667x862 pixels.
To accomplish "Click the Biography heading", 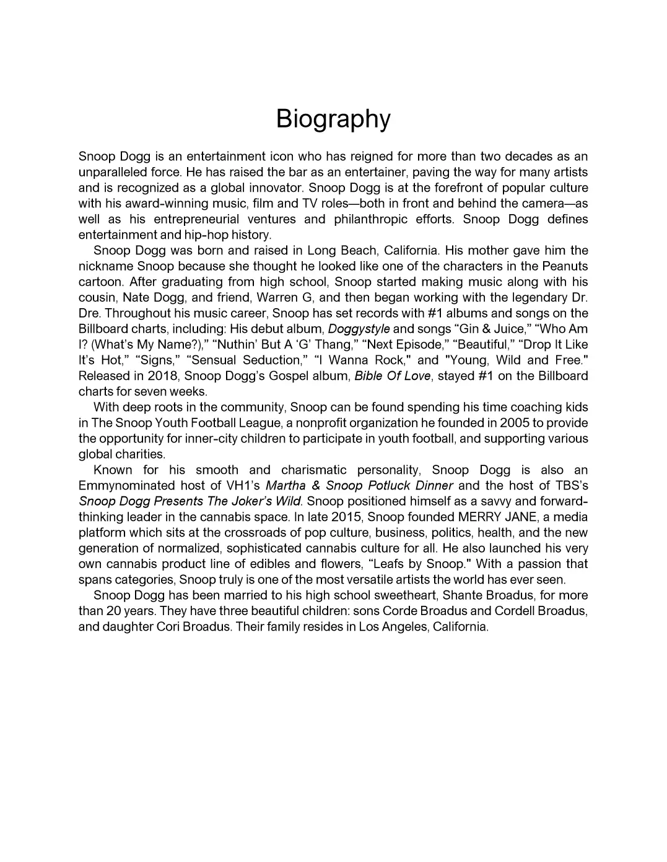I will point(333,119).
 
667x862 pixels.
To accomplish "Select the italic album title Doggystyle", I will point(359,329).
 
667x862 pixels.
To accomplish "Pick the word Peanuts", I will point(565,267).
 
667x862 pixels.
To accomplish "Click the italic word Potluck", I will point(388,486).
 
